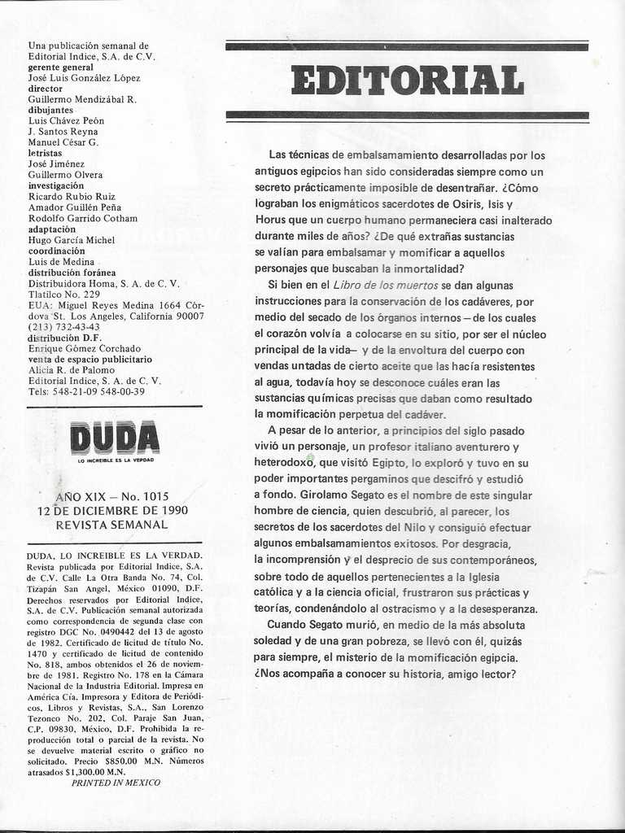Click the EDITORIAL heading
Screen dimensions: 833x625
407,81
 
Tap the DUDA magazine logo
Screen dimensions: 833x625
115,438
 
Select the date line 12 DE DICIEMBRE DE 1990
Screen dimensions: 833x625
112,511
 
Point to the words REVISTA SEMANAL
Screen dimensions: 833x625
111,525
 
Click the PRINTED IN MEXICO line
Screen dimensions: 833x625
116,783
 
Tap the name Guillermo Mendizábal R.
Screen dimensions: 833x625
82,99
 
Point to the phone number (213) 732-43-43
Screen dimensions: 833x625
64,327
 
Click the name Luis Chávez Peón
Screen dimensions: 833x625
66,120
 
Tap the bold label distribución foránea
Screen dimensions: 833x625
72,273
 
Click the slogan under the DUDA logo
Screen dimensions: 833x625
115,460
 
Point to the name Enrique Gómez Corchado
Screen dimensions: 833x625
84,348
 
